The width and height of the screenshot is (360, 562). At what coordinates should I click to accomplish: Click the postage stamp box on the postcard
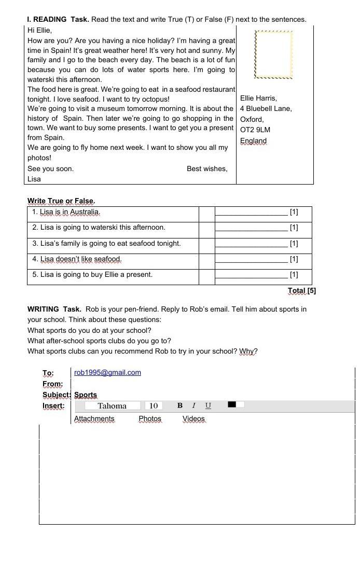[x=274, y=54]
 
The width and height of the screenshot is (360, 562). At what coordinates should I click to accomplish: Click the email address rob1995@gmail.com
[x=107, y=372]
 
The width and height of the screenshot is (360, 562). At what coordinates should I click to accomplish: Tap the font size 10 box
[x=154, y=405]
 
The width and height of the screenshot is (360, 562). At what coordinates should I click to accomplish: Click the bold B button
[x=179, y=405]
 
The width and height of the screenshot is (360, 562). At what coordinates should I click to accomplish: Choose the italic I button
[x=193, y=405]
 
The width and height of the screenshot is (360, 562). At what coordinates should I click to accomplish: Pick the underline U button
[x=208, y=405]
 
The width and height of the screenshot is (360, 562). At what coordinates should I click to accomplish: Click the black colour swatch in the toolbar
[x=232, y=404]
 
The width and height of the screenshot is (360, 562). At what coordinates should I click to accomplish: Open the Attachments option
[x=94, y=418]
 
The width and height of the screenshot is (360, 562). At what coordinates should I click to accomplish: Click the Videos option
[x=193, y=418]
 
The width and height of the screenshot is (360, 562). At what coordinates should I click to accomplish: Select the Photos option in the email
[x=150, y=418]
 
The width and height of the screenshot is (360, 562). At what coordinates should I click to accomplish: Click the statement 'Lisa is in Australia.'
[x=66, y=212]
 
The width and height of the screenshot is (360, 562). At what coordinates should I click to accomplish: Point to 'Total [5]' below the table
[x=301, y=290]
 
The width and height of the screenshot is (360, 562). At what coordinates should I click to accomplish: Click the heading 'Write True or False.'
[x=61, y=201]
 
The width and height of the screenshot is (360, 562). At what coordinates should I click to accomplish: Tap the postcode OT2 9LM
[x=255, y=130]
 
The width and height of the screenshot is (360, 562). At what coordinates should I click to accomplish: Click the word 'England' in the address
[x=253, y=140]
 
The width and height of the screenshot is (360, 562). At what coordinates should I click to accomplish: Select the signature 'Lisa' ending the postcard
[x=34, y=179]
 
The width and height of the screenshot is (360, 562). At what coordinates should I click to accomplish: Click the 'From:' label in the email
[x=52, y=384]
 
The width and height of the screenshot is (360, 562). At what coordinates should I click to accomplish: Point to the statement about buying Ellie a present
[x=92, y=275]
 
